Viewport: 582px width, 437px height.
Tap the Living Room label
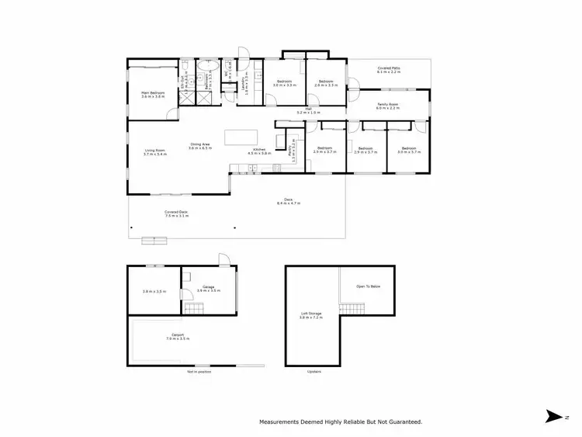coord(154,151)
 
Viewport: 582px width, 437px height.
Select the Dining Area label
coord(200,144)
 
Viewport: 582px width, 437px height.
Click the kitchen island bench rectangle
coord(239,137)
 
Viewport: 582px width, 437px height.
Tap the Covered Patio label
coord(388,69)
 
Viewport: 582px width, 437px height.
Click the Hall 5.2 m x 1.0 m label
coord(308,109)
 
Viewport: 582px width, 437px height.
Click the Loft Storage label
coord(311,314)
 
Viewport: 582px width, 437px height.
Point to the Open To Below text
coord(369,286)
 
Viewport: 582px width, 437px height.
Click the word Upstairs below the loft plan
coord(314,372)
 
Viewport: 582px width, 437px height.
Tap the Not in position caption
coord(199,372)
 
